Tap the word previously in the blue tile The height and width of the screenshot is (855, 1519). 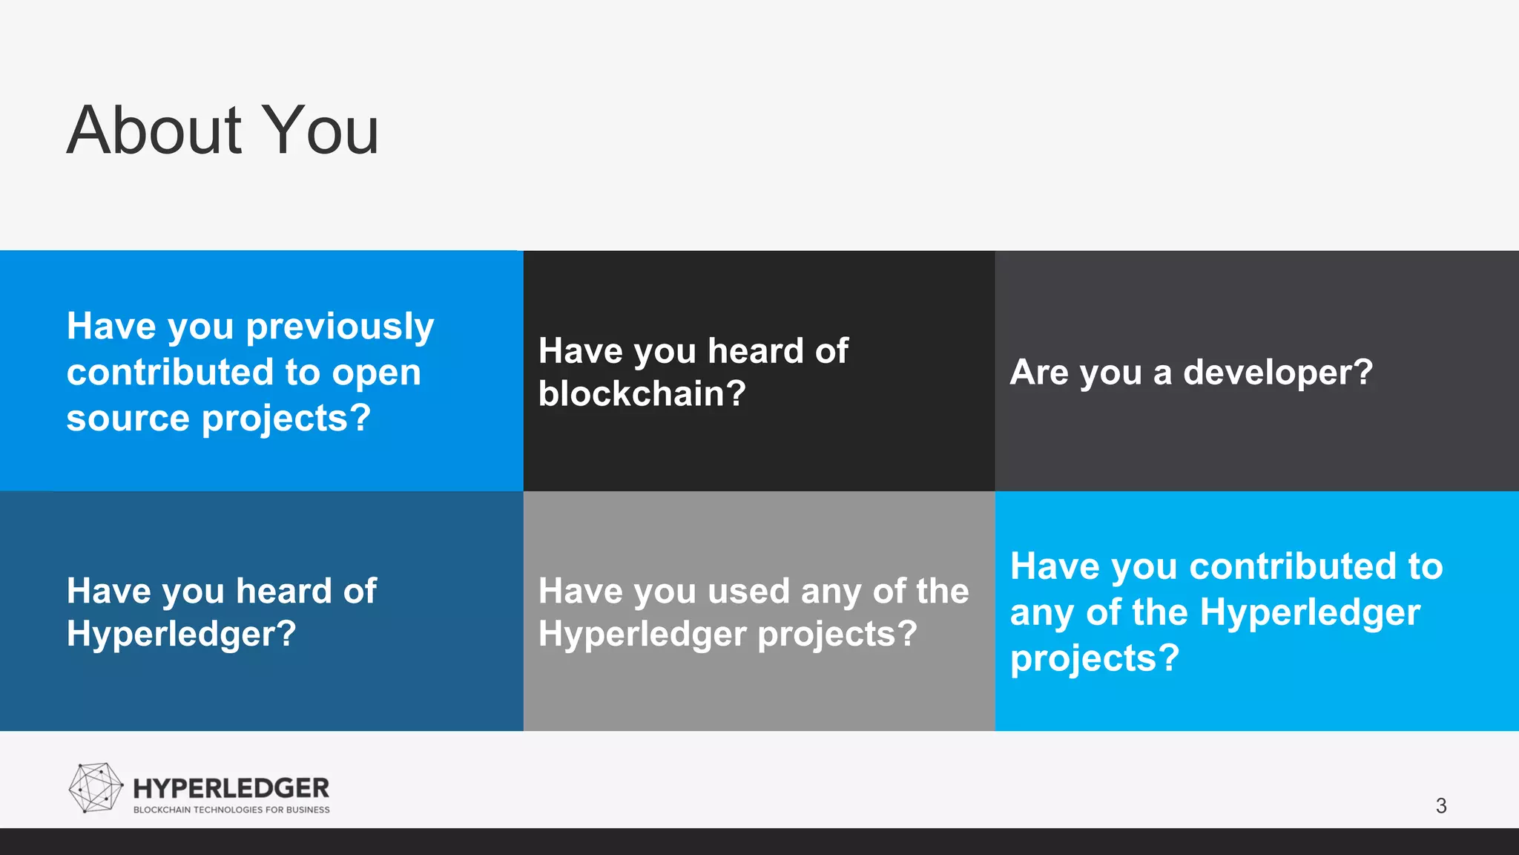(340, 328)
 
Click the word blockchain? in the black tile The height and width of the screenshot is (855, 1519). (642, 393)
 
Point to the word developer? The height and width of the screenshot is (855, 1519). (1277, 372)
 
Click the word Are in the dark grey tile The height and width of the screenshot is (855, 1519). (1038, 372)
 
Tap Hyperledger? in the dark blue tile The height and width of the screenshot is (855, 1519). (181, 635)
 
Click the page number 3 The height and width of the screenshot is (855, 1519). (1440, 806)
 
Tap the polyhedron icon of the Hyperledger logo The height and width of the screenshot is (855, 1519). (95, 787)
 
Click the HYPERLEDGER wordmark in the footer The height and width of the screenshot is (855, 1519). (231, 788)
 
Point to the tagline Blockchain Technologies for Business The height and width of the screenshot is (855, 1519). (231, 810)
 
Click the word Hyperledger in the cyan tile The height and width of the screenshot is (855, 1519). (1309, 613)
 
